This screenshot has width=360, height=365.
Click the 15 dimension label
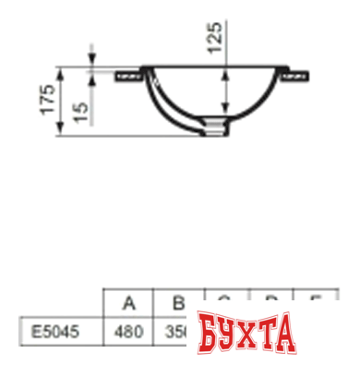click(80, 111)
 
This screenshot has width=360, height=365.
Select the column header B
click(179, 302)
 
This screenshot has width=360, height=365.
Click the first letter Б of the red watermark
click(207, 333)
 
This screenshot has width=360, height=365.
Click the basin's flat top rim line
click(212, 66)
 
